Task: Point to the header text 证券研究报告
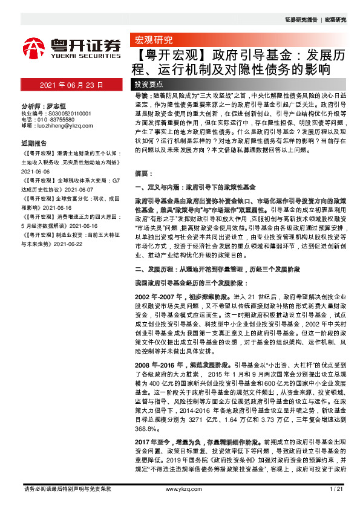(x=301, y=20)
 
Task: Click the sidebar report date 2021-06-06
(x=37, y=170)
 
